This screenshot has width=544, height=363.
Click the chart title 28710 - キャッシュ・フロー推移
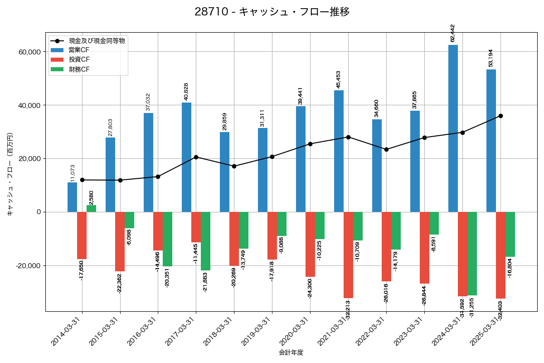(x=272, y=12)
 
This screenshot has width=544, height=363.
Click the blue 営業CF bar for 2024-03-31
(x=453, y=128)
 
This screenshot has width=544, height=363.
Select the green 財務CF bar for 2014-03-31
(x=92, y=209)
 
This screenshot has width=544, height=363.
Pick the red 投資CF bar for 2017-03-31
(x=196, y=227)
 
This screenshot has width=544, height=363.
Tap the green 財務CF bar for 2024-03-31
(x=472, y=254)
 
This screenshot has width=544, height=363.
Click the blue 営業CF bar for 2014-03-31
(x=72, y=197)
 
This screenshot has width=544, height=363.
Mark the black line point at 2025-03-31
(x=500, y=116)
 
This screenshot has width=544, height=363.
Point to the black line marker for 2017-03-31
(x=196, y=157)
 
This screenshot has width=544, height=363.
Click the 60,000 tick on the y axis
(x=29, y=52)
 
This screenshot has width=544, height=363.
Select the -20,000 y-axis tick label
(x=28, y=265)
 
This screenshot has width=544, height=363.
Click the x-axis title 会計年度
(x=291, y=352)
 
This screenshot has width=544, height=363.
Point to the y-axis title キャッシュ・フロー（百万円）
(x=10, y=174)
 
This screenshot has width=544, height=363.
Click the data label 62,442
(x=452, y=33)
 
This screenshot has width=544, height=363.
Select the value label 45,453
(x=338, y=79)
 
